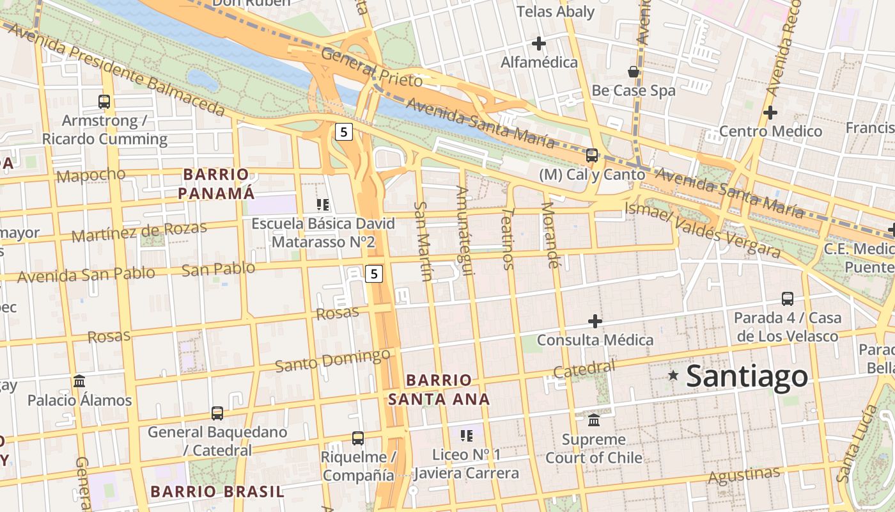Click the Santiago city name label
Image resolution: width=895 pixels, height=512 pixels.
pos(747,376)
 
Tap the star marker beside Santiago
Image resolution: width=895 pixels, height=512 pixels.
pos(673,376)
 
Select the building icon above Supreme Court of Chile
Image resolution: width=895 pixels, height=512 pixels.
pos(594,420)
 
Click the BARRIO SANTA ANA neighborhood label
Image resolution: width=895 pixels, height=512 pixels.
pos(439,390)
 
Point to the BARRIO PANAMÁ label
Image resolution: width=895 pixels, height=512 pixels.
pos(216,184)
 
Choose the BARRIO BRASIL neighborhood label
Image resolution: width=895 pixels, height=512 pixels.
pos(217,492)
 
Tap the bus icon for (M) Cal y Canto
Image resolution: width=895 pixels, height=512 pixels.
pos(592,155)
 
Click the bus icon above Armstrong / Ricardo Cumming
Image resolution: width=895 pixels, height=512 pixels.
pos(104,101)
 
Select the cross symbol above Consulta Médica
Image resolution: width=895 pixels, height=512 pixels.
pos(595,321)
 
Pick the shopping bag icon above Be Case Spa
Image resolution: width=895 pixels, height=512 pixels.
pos(634,71)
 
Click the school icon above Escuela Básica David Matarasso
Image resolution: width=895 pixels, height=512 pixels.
pos(323,205)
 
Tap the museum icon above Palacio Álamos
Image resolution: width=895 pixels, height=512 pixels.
pos(79,381)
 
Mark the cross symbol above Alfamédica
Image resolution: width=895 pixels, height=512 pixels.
pos(539,44)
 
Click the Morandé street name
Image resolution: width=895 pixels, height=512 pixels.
pos(549,234)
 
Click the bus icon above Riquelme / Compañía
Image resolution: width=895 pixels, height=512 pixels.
pos(358,438)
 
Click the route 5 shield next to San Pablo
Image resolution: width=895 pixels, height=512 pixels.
pos(374,274)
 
